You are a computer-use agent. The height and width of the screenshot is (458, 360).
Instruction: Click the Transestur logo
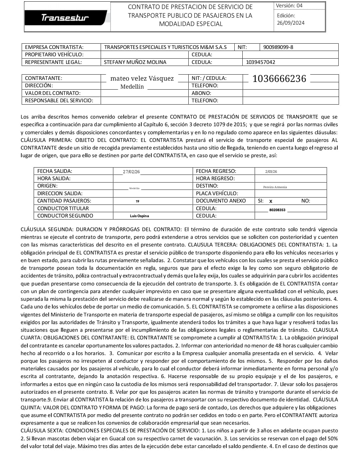65,18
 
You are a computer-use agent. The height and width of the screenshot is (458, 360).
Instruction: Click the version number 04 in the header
299,6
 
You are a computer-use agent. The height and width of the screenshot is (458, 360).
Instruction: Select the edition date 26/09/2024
291,23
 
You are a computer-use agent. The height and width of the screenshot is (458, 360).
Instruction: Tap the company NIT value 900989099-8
278,47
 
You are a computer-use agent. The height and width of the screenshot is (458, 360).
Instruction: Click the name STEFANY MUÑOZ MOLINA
135,62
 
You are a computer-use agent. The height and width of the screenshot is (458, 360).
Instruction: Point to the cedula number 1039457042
260,62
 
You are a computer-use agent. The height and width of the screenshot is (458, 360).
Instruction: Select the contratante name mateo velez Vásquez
142,79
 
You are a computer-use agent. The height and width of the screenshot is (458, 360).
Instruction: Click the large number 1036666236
279,79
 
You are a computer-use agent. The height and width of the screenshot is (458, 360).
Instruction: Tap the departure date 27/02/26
131,172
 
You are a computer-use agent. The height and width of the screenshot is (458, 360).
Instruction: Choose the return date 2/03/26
271,172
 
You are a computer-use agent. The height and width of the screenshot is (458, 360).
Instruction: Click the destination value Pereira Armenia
275,187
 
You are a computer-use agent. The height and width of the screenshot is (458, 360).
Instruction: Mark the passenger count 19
137,202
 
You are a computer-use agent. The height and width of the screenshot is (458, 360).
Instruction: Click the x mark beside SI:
271,201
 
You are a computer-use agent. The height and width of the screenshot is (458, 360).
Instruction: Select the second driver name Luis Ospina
139,216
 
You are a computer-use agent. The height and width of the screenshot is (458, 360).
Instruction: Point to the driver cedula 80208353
277,210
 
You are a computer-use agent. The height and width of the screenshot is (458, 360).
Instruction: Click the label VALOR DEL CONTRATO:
53,93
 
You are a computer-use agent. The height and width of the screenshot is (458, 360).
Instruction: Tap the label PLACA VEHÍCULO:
217,194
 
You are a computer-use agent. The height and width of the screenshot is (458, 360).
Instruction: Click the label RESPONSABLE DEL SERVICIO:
59,101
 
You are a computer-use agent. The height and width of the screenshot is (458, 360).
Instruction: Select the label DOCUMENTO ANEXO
221,201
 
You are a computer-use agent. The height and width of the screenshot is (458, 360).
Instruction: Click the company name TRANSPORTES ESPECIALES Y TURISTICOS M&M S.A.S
165,47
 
